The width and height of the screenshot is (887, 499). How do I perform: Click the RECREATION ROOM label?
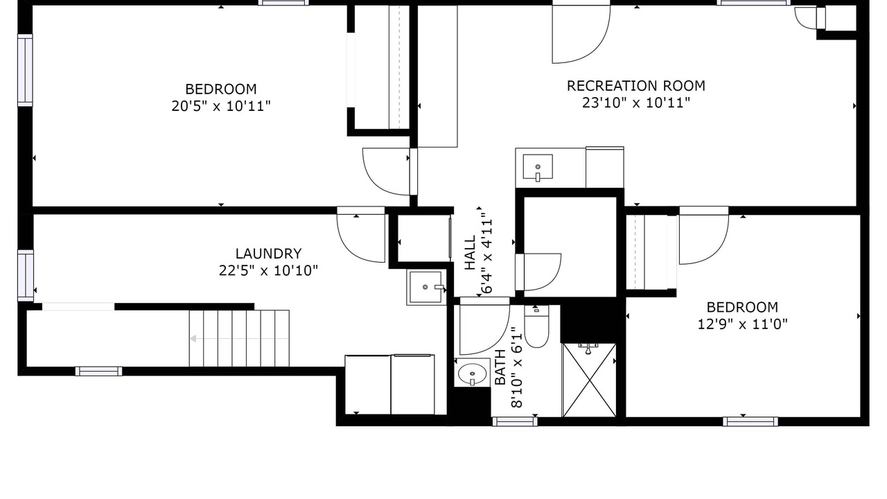(636, 86)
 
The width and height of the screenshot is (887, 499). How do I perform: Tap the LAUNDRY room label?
(268, 254)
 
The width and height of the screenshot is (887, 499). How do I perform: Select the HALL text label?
(470, 253)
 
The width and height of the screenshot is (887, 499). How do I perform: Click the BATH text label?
(500, 367)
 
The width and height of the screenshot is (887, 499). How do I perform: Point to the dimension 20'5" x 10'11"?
(221, 106)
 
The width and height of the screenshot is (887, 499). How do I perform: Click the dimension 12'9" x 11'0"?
(742, 324)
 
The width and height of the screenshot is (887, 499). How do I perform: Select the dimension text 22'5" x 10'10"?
(268, 271)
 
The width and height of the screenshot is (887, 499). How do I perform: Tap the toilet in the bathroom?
(536, 326)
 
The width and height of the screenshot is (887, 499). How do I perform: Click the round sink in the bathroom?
(472, 373)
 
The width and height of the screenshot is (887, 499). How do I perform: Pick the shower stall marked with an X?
(589, 380)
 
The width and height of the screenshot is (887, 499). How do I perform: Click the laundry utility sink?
(426, 287)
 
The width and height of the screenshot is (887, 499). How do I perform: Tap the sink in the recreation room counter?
(538, 167)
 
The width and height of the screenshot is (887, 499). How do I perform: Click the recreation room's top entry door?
(581, 34)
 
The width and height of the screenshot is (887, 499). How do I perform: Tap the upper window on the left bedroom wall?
(25, 70)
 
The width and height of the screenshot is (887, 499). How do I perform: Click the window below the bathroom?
(515, 422)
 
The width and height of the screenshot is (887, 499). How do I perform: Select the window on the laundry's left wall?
(26, 275)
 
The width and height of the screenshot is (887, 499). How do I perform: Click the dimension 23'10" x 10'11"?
(636, 103)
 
